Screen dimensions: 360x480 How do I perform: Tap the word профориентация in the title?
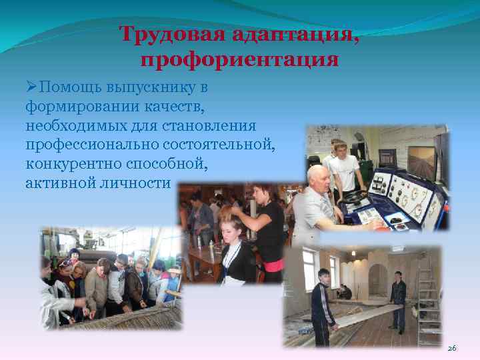click(239, 60)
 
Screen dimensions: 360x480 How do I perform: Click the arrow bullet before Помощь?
click(32, 87)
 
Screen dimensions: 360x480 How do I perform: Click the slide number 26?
click(452, 348)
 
